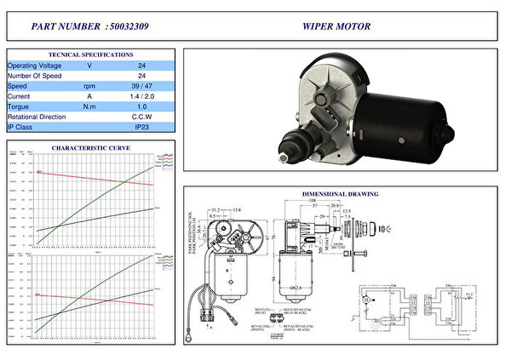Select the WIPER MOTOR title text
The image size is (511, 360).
[336, 26]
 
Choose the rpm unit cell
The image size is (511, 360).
[89, 86]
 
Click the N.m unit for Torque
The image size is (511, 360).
[89, 106]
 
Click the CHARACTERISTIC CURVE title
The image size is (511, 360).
[91, 148]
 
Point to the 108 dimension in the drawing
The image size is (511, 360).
[313, 202]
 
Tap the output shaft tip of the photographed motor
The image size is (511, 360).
[283, 157]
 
